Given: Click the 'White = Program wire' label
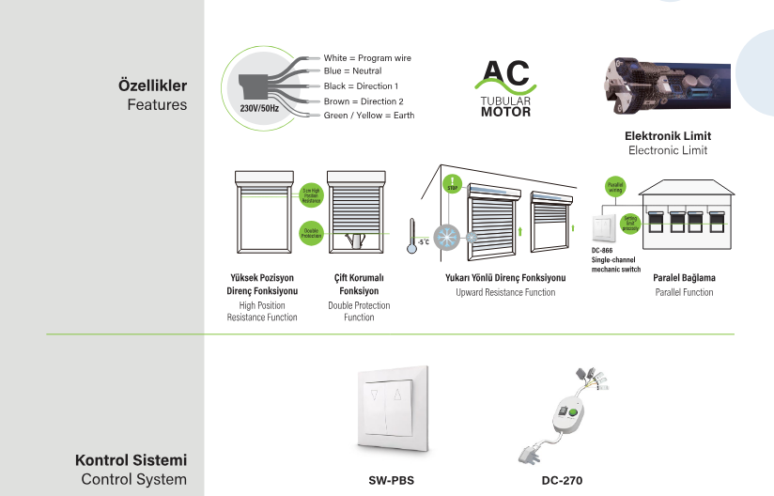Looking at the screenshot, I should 366,58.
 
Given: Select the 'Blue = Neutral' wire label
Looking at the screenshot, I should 352,70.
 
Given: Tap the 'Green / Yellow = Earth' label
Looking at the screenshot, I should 368,116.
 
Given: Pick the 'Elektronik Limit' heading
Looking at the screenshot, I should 668,136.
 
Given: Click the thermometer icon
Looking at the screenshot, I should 411,238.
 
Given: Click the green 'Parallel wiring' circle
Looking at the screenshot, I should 615,186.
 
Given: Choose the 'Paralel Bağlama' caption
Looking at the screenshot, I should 684,278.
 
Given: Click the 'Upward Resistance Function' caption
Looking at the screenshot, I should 505,292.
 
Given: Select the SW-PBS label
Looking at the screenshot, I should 391,480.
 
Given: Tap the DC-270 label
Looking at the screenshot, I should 562,480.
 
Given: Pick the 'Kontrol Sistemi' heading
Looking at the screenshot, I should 131,461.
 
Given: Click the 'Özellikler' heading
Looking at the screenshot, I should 152,85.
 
